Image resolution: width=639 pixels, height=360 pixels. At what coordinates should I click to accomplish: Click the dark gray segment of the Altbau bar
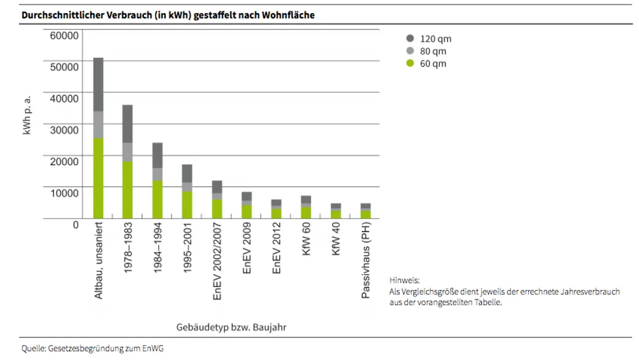[x=98, y=84]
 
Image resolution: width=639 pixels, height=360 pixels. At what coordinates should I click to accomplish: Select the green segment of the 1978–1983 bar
[x=128, y=190]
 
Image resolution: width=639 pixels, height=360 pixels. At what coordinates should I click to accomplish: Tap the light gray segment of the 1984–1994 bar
[x=158, y=174]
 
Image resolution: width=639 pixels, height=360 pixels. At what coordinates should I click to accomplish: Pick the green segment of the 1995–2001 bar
[x=187, y=205]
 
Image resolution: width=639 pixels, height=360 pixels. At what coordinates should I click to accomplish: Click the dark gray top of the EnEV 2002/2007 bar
[x=217, y=187]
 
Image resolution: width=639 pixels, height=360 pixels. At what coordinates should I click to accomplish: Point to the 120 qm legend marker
[x=410, y=39]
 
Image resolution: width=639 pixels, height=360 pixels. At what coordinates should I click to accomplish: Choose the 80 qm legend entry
[x=433, y=51]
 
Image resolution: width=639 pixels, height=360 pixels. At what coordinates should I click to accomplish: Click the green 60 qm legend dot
[x=410, y=63]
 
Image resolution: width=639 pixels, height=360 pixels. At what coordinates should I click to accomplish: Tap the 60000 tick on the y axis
[x=64, y=36]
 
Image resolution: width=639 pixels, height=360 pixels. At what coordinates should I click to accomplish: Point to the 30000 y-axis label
[x=64, y=130]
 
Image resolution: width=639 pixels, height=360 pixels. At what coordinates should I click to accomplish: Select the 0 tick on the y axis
[x=76, y=224]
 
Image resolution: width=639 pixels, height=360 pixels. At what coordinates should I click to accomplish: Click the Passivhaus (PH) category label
[x=366, y=262]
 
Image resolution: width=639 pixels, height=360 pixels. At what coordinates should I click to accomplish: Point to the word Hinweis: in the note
[x=404, y=280]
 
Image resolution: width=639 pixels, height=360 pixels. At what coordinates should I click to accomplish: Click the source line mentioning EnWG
[x=92, y=348]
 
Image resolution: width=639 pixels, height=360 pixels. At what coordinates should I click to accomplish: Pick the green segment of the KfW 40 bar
[x=336, y=214]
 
